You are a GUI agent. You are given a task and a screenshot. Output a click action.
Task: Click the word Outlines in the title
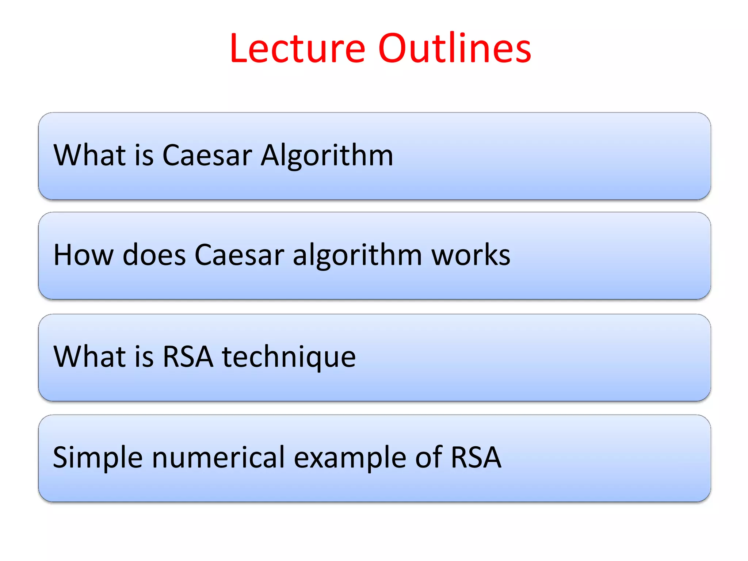click(454, 49)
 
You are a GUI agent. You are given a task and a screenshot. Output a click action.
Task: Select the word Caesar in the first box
click(207, 155)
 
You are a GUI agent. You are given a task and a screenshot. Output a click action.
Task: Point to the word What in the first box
click(90, 155)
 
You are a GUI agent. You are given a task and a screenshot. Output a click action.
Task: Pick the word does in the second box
click(154, 255)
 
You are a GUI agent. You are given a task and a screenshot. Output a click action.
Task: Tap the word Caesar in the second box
click(240, 255)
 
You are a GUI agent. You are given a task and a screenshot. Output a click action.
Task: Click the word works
click(471, 255)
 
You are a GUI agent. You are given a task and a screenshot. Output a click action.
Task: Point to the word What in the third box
click(90, 357)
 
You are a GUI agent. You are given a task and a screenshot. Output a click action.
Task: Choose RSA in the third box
click(188, 357)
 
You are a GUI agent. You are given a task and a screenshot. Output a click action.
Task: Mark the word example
click(350, 458)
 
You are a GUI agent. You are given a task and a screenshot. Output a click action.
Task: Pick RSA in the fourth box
click(476, 457)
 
